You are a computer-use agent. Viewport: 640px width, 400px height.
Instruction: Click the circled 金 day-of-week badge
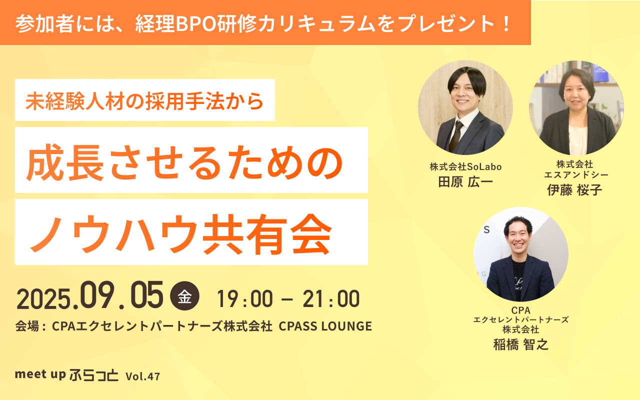click(184, 296)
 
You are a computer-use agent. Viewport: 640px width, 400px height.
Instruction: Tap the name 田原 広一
click(465, 181)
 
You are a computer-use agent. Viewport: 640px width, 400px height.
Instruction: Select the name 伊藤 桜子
click(575, 189)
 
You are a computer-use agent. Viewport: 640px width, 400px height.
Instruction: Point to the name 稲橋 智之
click(521, 344)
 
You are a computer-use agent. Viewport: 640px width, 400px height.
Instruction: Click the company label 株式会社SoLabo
click(465, 166)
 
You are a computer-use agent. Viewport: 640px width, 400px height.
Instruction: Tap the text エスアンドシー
click(576, 174)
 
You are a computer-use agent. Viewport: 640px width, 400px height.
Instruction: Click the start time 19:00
click(245, 299)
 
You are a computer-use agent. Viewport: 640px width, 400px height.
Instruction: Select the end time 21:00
click(331, 299)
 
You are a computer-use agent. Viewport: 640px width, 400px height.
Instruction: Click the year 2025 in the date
click(43, 299)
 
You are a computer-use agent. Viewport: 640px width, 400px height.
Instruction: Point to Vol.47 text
click(143, 376)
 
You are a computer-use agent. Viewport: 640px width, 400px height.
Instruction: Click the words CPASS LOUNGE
click(325, 326)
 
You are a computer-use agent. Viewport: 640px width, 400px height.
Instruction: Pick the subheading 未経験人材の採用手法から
click(144, 101)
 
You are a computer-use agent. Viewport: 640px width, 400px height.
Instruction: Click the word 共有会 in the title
click(267, 233)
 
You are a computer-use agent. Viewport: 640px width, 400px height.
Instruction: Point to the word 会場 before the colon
click(27, 326)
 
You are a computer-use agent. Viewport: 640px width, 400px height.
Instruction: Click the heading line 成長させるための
click(184, 162)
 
